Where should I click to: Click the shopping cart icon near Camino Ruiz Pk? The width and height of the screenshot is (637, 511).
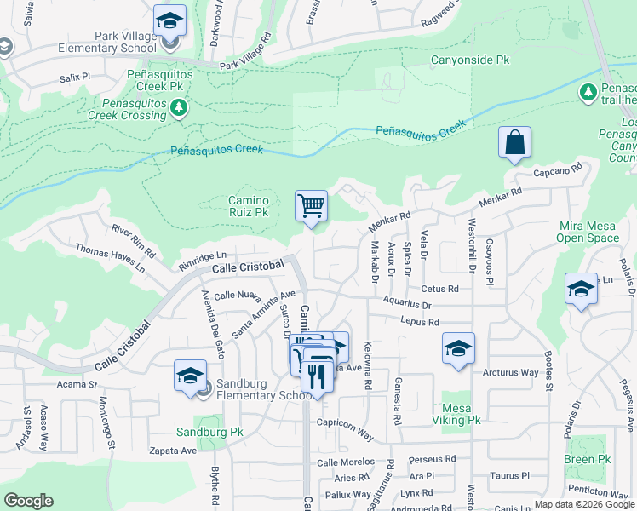312,206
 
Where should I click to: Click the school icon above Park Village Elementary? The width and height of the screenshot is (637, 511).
170,20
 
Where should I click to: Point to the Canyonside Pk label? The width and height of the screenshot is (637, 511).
469,60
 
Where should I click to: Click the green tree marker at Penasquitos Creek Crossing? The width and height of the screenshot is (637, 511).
178,106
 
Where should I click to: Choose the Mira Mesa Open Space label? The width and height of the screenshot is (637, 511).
588,232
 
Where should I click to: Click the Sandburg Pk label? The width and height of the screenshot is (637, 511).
209,432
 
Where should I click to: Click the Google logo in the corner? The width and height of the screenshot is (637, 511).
28,501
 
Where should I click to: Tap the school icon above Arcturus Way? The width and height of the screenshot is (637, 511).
458,347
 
